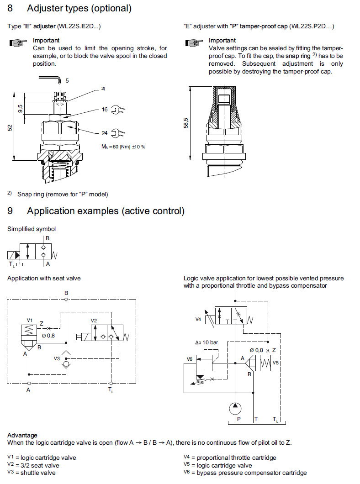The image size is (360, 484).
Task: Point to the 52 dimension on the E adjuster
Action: pyautogui.click(x=10, y=128)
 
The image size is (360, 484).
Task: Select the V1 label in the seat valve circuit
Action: pyautogui.click(x=30, y=320)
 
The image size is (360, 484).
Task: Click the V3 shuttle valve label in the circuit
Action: pyautogui.click(x=57, y=358)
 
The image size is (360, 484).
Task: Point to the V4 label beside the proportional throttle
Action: pyautogui.click(x=198, y=319)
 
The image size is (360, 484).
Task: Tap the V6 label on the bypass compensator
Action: pyautogui.click(x=190, y=359)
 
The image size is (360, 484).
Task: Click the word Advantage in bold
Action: pyautogui.click(x=22, y=435)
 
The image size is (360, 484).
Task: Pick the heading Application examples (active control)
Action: pyautogui.click(x=106, y=211)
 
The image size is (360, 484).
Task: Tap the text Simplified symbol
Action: pyautogui.click(x=32, y=229)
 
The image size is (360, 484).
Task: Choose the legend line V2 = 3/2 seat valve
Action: pyautogui.click(x=33, y=465)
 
